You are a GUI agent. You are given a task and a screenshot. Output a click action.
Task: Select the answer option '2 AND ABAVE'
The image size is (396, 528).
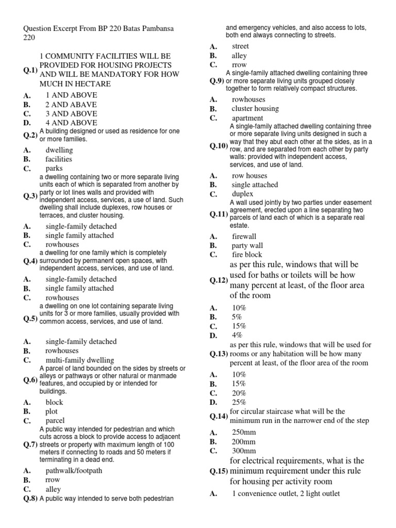[71, 104]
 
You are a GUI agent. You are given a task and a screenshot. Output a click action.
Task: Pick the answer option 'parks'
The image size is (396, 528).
[55, 169]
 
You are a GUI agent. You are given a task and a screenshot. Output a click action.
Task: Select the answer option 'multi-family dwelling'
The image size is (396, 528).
[80, 360]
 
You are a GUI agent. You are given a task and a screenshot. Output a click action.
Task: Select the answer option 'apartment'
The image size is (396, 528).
[247, 118]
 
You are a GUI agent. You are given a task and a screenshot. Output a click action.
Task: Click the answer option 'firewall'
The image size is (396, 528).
[243, 236]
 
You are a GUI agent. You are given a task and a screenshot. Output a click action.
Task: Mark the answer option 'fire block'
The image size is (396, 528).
[246, 254]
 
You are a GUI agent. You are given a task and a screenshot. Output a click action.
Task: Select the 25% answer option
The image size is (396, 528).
[239, 402]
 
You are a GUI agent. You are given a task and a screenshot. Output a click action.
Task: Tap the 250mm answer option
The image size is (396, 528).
[244, 432]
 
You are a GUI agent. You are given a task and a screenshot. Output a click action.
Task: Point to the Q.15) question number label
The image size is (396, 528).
[219, 471]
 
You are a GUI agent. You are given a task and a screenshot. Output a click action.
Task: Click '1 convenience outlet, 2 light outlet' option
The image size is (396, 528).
[286, 493]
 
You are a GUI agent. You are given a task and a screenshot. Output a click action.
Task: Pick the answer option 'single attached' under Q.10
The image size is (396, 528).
[255, 185]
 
